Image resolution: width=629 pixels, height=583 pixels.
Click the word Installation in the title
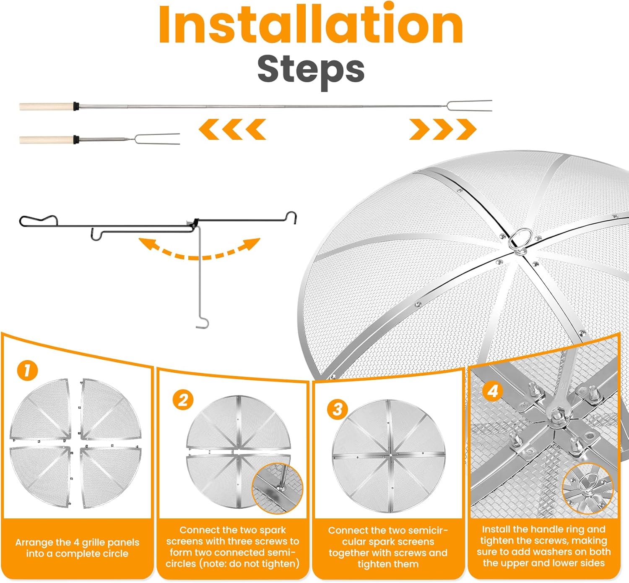click(311, 24)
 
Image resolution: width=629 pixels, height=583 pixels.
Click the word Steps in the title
click(311, 71)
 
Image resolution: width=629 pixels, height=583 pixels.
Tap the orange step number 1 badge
click(28, 370)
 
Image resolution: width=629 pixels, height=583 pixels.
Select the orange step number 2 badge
click(183, 400)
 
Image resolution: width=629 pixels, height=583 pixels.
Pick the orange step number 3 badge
click(337, 409)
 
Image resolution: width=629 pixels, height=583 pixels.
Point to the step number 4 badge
click(492, 391)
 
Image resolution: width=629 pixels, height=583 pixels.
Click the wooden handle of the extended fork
click(46, 106)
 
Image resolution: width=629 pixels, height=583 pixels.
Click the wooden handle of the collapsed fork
click(46, 139)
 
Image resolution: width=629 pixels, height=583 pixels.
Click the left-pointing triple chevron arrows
click(232, 129)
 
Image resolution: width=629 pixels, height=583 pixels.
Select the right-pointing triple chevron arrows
click(443, 129)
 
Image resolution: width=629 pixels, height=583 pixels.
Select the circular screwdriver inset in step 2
click(278, 488)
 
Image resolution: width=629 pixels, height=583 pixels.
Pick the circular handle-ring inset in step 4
click(588, 489)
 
